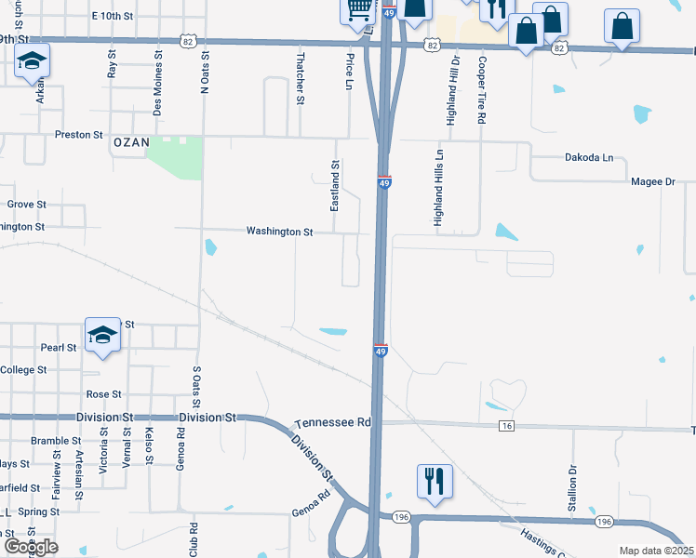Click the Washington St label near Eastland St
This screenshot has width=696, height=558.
[279, 232]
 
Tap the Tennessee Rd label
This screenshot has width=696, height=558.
[332, 422]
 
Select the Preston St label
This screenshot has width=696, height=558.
[78, 135]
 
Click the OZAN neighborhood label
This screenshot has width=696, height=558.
[130, 142]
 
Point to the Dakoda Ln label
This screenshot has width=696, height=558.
[589, 158]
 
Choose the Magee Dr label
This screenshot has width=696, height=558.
[651, 182]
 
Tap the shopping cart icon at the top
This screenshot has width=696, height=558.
[359, 11]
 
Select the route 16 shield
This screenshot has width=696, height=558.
[506, 425]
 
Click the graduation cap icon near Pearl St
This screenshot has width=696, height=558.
[102, 337]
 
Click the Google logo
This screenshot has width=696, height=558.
[31, 547]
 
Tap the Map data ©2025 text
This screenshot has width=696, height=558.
[655, 551]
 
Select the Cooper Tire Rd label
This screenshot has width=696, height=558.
[481, 89]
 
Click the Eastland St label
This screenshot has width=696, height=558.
[335, 184]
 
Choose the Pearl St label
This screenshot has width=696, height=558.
[59, 348]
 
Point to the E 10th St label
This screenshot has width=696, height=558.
[114, 17]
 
